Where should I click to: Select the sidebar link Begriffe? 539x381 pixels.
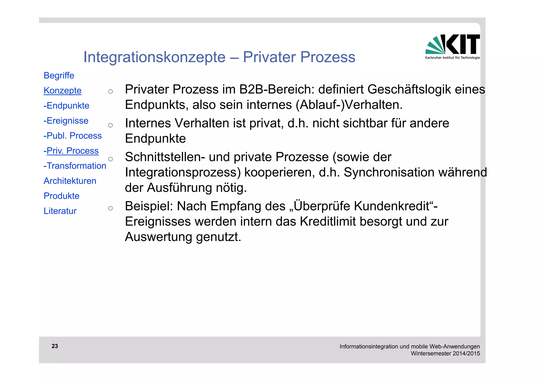(59, 76)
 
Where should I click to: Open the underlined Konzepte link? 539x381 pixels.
(62, 91)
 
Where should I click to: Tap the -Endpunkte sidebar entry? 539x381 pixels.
(66, 106)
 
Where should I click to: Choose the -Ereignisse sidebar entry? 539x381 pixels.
(66, 121)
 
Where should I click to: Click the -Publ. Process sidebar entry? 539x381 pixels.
(72, 136)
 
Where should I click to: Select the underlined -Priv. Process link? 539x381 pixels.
(71, 151)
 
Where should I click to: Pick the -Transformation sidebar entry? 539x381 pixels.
(75, 166)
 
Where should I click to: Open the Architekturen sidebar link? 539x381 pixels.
(70, 181)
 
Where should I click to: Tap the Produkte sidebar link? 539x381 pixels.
(61, 196)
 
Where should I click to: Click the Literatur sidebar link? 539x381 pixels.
(60, 211)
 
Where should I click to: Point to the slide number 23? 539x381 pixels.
(55, 346)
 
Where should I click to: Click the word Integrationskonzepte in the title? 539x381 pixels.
(154, 57)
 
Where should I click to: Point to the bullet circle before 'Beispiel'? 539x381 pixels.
(111, 208)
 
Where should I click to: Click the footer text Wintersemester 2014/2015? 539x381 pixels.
(445, 353)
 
